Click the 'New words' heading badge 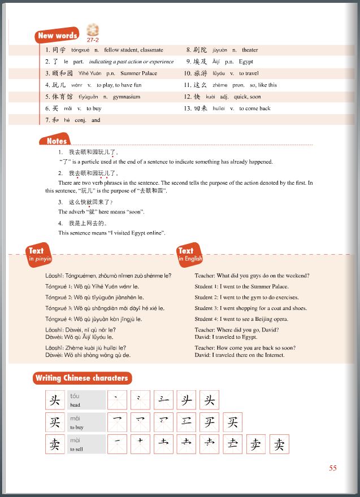(58, 36)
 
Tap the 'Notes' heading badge (57, 141)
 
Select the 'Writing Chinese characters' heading (82, 378)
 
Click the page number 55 (332, 468)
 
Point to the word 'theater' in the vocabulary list (250, 50)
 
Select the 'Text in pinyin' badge (39, 254)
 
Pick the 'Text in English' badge (189, 254)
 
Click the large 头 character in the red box (55, 400)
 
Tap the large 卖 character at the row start (55, 444)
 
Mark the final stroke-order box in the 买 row (232, 422)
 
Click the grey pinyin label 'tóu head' (86, 400)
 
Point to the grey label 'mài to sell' (86, 444)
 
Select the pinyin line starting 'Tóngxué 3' (105, 308)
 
